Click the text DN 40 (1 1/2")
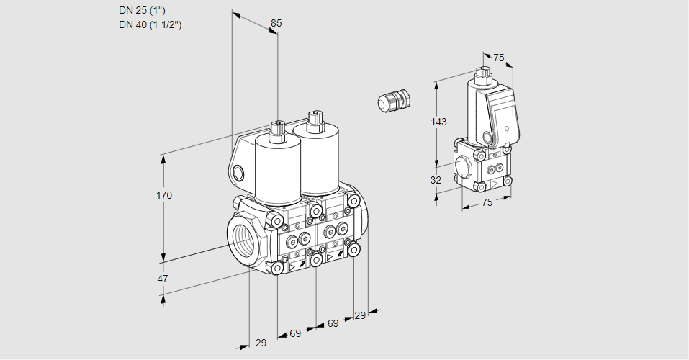tap(150, 24)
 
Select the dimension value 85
tap(276, 23)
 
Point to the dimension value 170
tap(164, 195)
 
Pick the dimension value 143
tap(439, 122)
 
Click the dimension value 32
tap(436, 180)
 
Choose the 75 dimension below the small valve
tap(487, 203)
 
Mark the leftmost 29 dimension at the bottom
tap(261, 343)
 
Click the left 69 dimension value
tap(295, 334)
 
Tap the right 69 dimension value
tap(333, 324)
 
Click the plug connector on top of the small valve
tap(482, 73)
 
